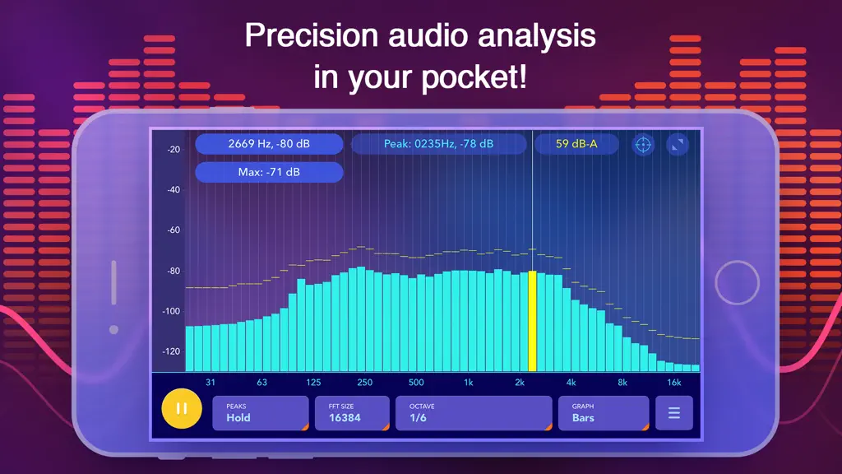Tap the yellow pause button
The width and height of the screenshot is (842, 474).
[182, 408]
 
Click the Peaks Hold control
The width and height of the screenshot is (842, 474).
[261, 413]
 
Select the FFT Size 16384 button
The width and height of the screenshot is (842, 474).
[352, 413]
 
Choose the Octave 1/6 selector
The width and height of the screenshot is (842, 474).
[474, 413]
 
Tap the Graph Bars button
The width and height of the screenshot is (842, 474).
[604, 413]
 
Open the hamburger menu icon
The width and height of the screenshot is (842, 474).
[674, 413]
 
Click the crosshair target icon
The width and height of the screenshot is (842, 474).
[643, 145]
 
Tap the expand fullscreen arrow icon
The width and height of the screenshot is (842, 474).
[678, 145]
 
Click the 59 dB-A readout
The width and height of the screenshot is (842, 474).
[576, 144]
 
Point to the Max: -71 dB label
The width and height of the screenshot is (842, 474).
[269, 173]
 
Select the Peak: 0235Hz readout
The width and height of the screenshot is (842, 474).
[439, 144]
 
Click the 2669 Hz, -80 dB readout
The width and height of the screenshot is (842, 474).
[269, 144]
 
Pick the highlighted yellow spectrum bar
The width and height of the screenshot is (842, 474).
[532, 321]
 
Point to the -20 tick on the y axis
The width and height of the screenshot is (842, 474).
[173, 150]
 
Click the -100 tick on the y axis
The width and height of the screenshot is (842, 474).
[171, 311]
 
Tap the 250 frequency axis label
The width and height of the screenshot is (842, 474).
[364, 383]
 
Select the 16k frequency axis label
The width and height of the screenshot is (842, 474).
[674, 383]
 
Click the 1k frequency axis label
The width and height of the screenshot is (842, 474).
[468, 383]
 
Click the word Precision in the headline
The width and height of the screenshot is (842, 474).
[312, 36]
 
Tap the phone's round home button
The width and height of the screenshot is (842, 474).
[737, 283]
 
